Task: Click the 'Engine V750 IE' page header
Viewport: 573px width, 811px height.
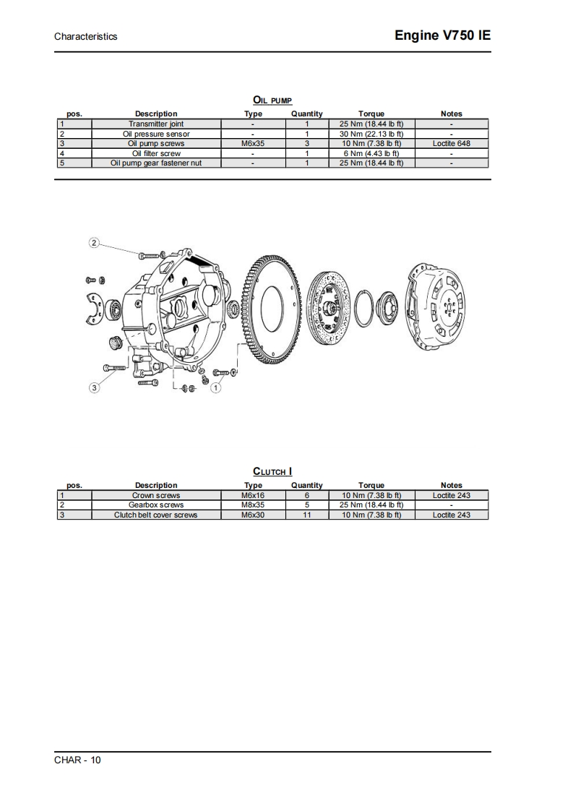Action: pos(442,35)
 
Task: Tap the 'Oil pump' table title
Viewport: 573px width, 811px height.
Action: pos(272,100)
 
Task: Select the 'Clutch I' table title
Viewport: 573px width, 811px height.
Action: pos(272,471)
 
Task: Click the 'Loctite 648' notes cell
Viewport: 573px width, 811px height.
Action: pos(452,143)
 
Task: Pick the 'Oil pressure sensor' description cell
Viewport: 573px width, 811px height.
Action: pos(156,134)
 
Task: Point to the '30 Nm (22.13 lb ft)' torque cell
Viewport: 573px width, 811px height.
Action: pos(371,134)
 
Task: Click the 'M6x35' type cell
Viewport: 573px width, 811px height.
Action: pos(253,143)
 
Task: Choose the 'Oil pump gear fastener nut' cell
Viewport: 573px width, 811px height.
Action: pos(156,163)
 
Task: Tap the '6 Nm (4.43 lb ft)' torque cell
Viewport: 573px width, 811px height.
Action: pos(371,153)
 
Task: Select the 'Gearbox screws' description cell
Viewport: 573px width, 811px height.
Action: pos(156,505)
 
